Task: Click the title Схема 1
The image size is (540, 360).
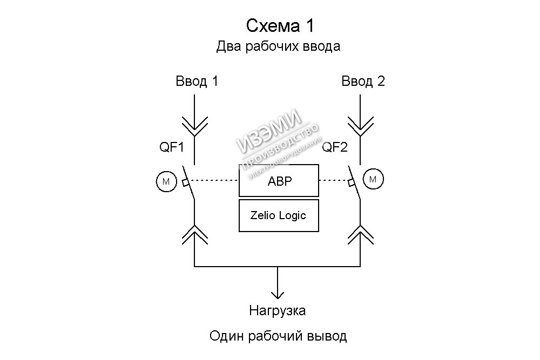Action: click(279, 25)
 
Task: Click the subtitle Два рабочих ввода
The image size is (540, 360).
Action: click(278, 46)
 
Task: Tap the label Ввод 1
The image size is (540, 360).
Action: click(197, 81)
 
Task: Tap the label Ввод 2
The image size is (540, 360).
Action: click(363, 81)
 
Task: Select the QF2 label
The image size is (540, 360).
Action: click(335, 147)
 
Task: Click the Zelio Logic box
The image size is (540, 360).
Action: click(279, 215)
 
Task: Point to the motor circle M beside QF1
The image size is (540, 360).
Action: click(166, 181)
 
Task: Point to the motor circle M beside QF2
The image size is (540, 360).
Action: click(373, 179)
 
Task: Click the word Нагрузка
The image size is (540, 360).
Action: click(278, 311)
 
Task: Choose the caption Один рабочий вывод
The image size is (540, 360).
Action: click(278, 337)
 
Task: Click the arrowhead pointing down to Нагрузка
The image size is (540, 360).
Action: click(278, 294)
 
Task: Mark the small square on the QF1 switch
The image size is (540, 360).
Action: click(185, 182)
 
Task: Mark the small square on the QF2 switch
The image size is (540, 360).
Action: click(352, 182)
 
